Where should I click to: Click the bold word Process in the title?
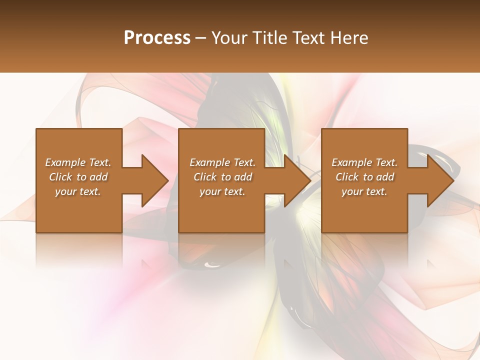pyautogui.click(x=157, y=38)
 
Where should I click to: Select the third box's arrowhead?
pyautogui.click(x=439, y=180)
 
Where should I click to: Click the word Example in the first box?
pyautogui.click(x=65, y=162)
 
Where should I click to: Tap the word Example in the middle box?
pyautogui.click(x=209, y=162)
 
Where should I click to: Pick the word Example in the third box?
pyautogui.click(x=351, y=162)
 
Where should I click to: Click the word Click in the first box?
pyautogui.click(x=60, y=177)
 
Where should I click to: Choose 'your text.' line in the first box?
pyautogui.click(x=78, y=191)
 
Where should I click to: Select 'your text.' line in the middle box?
pyautogui.click(x=222, y=191)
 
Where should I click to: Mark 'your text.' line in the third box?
pyautogui.click(x=364, y=191)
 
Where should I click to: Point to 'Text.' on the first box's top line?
pyautogui.click(x=100, y=162)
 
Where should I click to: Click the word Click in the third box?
pyautogui.click(x=347, y=177)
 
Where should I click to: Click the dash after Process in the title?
pyautogui.click(x=201, y=38)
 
